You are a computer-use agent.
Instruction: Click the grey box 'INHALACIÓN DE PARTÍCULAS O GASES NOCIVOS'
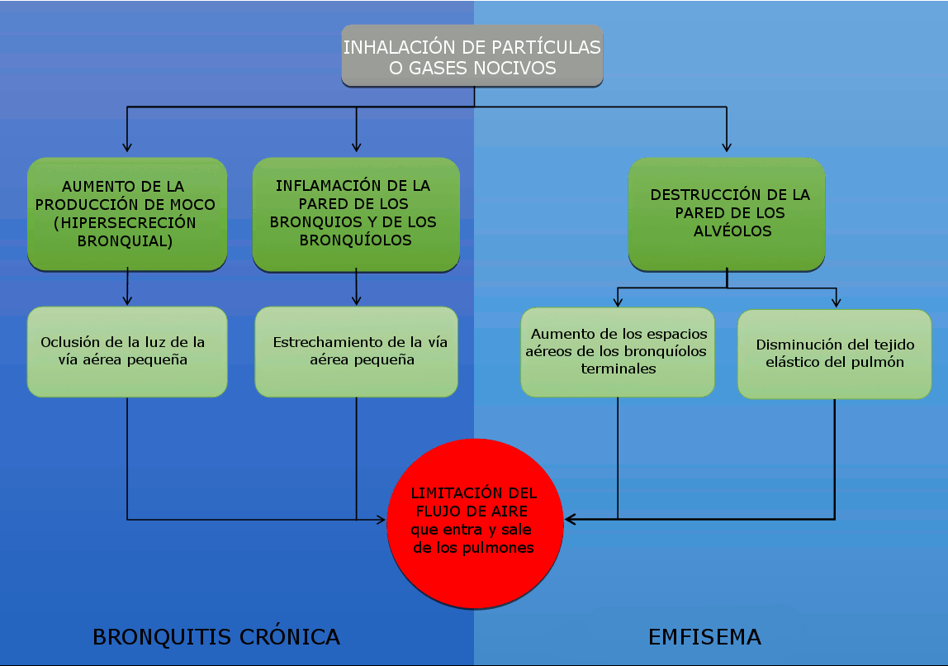coord(472,56)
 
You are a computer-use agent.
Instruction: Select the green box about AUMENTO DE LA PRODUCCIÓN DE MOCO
coord(127,213)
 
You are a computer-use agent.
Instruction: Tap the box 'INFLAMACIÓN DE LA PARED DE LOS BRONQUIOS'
coord(356,213)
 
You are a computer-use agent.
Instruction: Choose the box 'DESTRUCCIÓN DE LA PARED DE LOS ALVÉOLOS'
coord(727,213)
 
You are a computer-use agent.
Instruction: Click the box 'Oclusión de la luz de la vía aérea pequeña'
coord(127,351)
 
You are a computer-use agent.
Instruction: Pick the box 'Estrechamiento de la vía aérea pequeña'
coord(356,351)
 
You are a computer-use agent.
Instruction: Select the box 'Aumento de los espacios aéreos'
coord(618,351)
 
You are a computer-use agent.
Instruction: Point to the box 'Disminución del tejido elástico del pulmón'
coord(834,354)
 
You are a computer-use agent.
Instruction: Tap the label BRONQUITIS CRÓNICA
coord(216,637)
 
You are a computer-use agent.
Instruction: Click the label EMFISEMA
coord(704,637)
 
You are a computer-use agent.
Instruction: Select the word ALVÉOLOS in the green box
coord(732,231)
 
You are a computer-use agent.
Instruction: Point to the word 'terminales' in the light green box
coord(619,369)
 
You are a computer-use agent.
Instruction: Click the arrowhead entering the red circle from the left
coord(382,521)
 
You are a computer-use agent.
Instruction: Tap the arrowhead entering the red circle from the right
coord(570,519)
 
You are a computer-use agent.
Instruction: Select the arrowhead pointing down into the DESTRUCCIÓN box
coord(727,147)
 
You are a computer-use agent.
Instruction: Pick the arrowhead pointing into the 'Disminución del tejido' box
coord(836,303)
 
